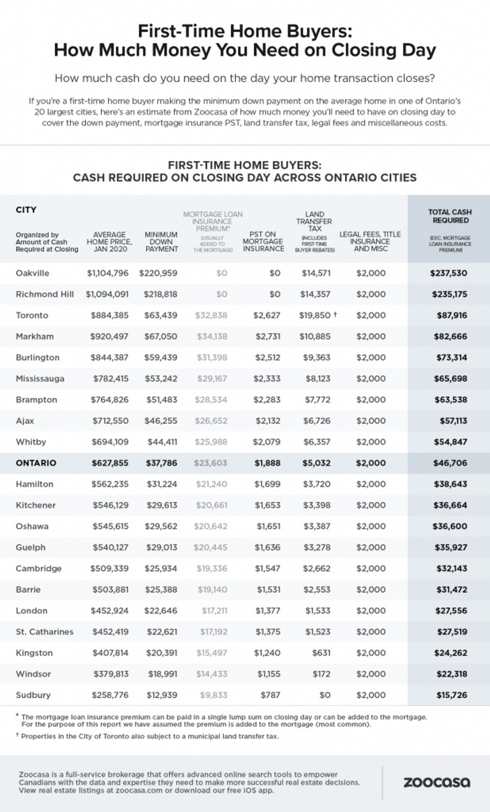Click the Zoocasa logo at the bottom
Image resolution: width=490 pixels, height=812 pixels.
(436, 782)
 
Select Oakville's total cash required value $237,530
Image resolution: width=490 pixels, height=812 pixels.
(448, 273)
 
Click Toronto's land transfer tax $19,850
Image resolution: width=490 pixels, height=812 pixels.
(315, 315)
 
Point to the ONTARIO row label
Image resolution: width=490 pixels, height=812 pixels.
(36, 463)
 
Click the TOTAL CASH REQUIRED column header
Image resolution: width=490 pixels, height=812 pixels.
(450, 216)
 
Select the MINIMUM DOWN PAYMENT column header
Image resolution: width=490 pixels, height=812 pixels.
(161, 241)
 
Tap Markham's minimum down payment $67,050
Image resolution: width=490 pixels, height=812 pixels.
(160, 336)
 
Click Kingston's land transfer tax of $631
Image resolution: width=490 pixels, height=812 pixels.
(321, 653)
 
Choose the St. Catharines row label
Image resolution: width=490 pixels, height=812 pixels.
(44, 632)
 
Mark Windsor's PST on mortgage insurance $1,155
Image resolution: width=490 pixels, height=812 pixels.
(268, 674)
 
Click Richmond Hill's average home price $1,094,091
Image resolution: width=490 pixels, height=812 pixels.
(107, 294)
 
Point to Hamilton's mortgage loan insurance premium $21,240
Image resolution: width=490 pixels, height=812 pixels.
(211, 484)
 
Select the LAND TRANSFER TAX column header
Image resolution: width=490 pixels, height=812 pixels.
(314, 221)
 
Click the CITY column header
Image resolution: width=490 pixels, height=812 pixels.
(26, 210)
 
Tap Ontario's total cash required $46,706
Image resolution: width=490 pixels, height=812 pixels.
(450, 463)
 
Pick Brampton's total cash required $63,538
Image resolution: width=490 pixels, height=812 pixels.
(450, 400)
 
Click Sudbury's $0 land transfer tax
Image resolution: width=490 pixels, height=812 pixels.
(324, 695)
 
